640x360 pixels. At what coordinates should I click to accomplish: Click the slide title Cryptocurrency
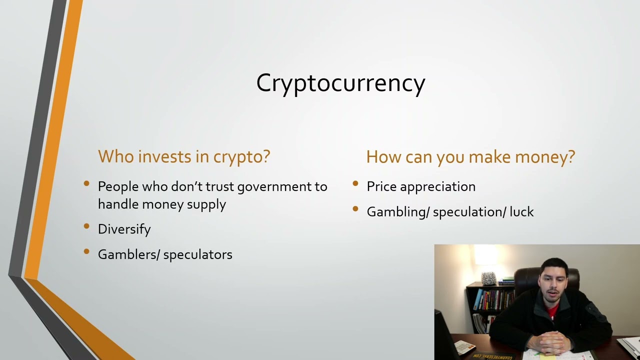pyautogui.click(x=340, y=83)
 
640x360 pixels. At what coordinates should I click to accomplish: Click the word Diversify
pyautogui.click(x=124, y=229)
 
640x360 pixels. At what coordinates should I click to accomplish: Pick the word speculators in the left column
pyautogui.click(x=197, y=254)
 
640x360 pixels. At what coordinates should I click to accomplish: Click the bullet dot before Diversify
pyautogui.click(x=86, y=227)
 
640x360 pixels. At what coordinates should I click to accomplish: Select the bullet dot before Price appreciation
pyautogui.click(x=355, y=184)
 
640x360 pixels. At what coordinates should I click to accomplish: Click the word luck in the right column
pyautogui.click(x=521, y=212)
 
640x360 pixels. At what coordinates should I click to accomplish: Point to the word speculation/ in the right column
pyautogui.click(x=469, y=212)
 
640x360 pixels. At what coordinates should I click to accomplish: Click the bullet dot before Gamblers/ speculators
pyautogui.click(x=86, y=252)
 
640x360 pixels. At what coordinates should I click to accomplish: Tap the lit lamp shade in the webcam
pyautogui.click(x=485, y=256)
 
